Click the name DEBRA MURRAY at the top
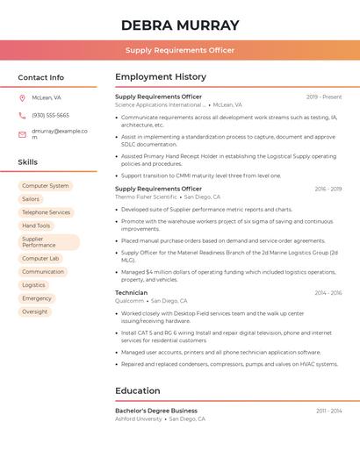pyautogui.click(x=180, y=25)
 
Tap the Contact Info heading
pyautogui.click(x=40, y=77)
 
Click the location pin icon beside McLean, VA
pyautogui.click(x=21, y=98)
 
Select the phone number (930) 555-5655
pyautogui.click(x=50, y=115)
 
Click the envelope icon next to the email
pyautogui.click(x=21, y=133)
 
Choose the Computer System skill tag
pyautogui.click(x=45, y=186)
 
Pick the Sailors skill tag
pyautogui.click(x=31, y=199)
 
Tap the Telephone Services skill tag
pyautogui.click(x=46, y=212)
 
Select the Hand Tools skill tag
pyautogui.click(x=36, y=225)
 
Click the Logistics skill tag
pyautogui.click(x=33, y=285)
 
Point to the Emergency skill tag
pyautogui.click(x=37, y=298)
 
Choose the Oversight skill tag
pyautogui.click(x=35, y=311)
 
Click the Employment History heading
pyautogui.click(x=161, y=77)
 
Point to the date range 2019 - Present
pyautogui.click(x=324, y=97)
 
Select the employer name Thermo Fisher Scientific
pyautogui.click(x=146, y=197)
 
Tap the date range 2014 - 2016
pyautogui.click(x=328, y=293)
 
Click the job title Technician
pyautogui.click(x=131, y=292)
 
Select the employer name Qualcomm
pyautogui.click(x=129, y=301)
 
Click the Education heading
pyautogui.click(x=137, y=390)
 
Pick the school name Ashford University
pyautogui.click(x=139, y=419)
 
